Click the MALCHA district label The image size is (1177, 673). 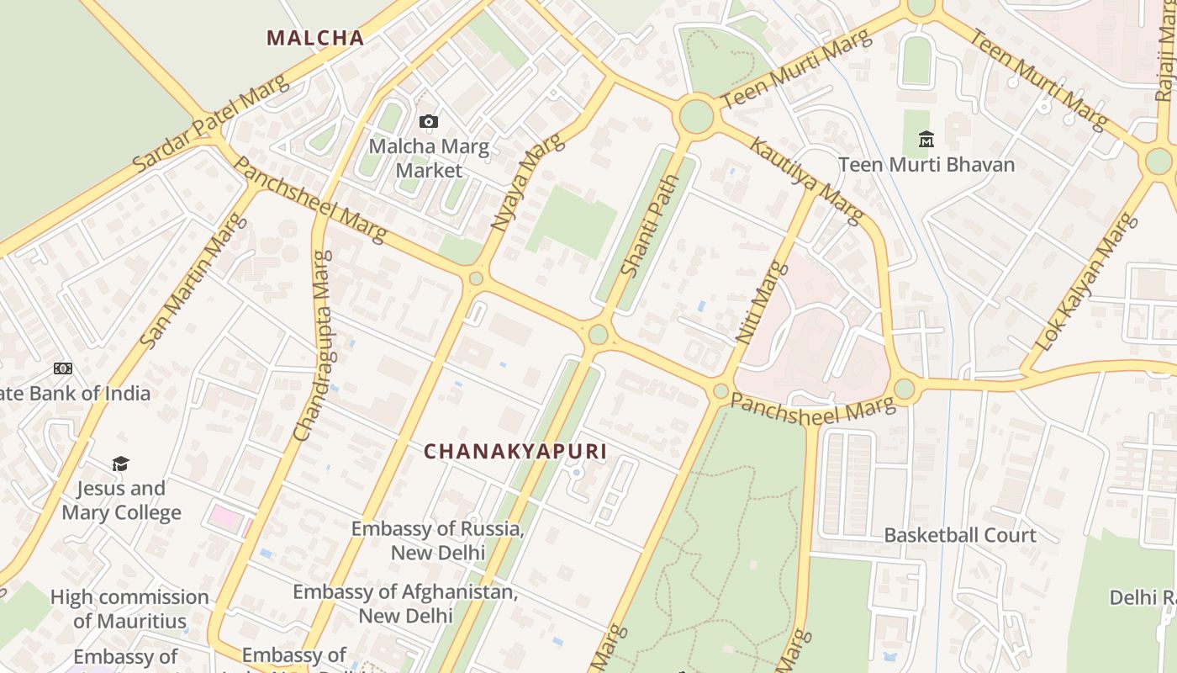[x=315, y=38]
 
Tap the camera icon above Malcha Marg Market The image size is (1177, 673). [x=429, y=122]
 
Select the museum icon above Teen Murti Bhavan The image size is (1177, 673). [x=926, y=139]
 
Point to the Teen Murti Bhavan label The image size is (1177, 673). [x=926, y=164]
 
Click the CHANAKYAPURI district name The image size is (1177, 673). [x=515, y=452]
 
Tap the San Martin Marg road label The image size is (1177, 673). [x=194, y=281]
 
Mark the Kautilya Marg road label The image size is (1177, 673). [x=805, y=181]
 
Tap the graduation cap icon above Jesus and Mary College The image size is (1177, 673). [x=121, y=464]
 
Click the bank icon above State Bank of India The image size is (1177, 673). [x=63, y=368]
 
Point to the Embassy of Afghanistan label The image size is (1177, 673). [x=405, y=603]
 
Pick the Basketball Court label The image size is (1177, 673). [x=960, y=535]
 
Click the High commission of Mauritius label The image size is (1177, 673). [x=129, y=609]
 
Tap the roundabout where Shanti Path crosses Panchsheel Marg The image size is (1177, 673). [x=598, y=335]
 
